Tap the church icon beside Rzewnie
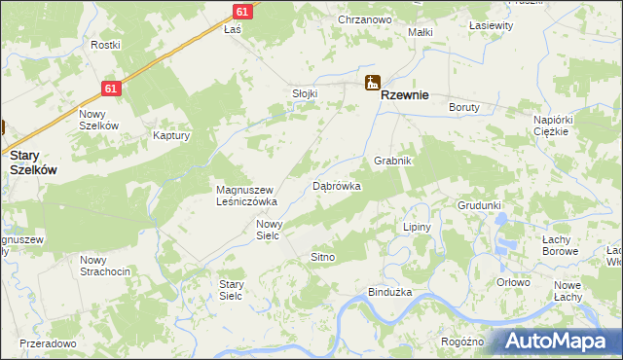click(x=371, y=85)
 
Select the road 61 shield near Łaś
click(x=243, y=11)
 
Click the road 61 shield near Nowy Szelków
click(x=112, y=89)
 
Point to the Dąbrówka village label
click(x=337, y=185)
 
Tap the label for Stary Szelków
click(x=33, y=162)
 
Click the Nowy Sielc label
click(x=269, y=229)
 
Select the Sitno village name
click(x=322, y=257)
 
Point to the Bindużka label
click(x=390, y=292)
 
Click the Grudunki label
click(x=479, y=205)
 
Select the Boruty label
click(x=464, y=107)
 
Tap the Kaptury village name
click(x=170, y=136)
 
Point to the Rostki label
click(x=105, y=45)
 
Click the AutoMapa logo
click(x=558, y=342)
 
